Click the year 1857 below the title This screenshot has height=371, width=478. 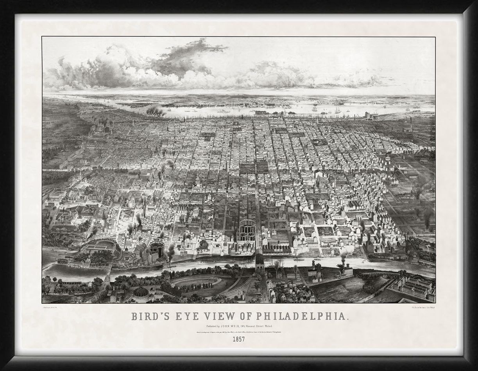point(238,339)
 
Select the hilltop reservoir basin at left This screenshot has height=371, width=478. point(99,247)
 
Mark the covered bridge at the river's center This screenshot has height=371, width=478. point(260,262)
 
